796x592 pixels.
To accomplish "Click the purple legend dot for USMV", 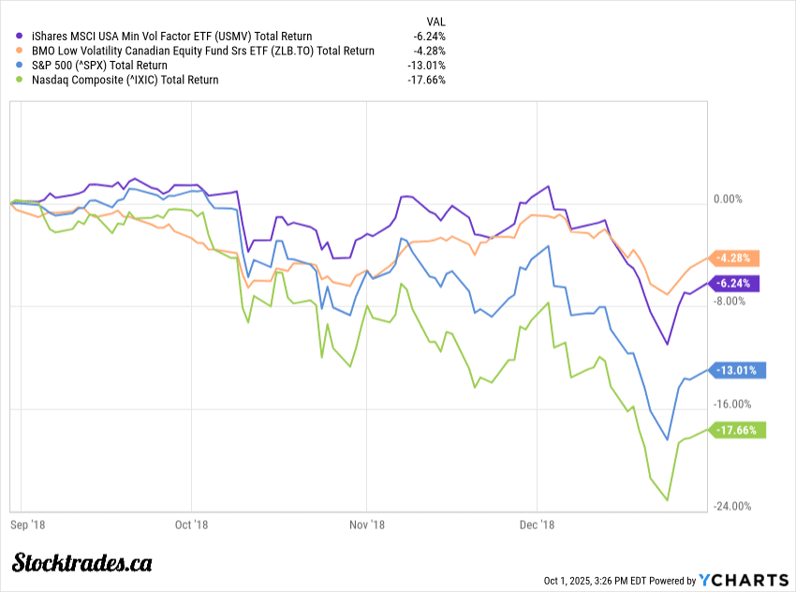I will [x=20, y=36].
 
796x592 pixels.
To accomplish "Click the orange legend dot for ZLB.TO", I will [x=20, y=51].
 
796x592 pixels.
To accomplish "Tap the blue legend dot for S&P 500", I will [x=20, y=66].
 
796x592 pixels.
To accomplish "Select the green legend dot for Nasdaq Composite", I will [x=20, y=80].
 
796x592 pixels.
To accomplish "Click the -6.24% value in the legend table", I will [x=429, y=36].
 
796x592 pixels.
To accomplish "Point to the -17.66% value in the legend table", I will [x=427, y=80].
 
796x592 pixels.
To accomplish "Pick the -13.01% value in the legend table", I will [x=427, y=66].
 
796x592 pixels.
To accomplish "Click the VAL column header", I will [x=435, y=20].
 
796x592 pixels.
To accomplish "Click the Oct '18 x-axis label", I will [x=191, y=525].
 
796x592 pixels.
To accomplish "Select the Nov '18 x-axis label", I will [x=367, y=525].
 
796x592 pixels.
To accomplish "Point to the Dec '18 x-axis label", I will [x=538, y=525].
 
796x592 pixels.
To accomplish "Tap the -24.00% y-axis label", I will [x=733, y=507].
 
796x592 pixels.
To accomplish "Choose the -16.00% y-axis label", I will [x=733, y=404].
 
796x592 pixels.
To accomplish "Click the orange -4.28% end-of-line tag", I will [x=737, y=258].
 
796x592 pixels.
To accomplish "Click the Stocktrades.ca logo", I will [x=82, y=563].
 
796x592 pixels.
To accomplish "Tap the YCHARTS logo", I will [x=740, y=580].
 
